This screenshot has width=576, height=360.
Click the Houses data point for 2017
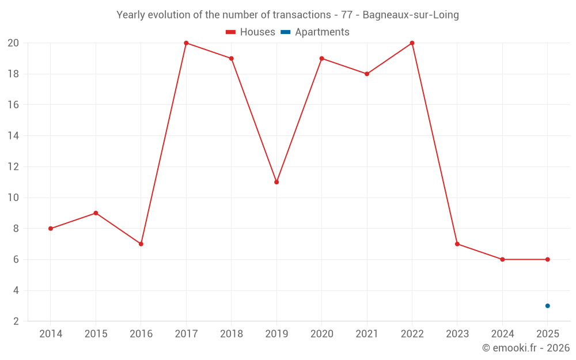point(186,43)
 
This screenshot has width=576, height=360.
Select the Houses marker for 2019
point(276,182)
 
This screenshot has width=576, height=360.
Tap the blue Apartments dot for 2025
point(548,306)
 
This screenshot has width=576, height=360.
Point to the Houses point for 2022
point(412,43)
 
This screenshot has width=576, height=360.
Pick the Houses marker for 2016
point(141,244)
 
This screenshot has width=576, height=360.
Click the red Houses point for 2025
point(548,259)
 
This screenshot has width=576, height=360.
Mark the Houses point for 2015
point(96,213)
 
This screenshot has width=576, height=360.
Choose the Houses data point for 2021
point(367,74)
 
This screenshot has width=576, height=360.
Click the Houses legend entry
point(251,32)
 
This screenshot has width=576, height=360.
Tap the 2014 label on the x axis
point(51,334)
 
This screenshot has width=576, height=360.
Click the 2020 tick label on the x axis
point(321,334)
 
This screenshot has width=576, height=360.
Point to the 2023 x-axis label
point(457,334)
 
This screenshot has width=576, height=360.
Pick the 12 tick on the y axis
point(13,166)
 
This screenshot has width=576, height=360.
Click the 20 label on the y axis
point(13,43)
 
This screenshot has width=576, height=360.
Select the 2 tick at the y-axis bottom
point(16,321)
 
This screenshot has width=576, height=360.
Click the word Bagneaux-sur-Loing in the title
point(411,15)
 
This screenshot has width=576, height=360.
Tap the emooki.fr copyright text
point(526,348)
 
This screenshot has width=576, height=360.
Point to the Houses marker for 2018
point(231,58)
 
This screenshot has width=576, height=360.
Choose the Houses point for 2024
point(502,259)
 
